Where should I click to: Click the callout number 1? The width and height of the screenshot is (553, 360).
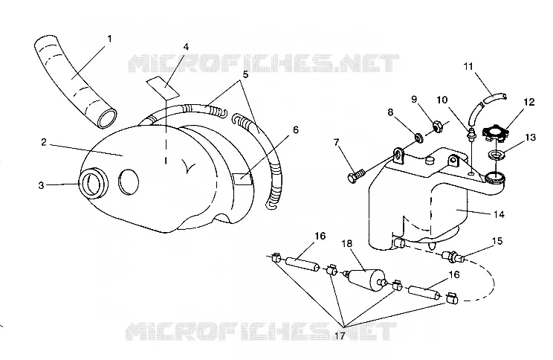(109, 39)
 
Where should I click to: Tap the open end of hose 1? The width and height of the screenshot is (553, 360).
(106, 118)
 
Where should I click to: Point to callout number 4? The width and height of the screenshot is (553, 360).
(186, 47)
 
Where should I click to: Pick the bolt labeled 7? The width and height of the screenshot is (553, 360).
(356, 176)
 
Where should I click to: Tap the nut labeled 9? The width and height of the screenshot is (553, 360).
(437, 126)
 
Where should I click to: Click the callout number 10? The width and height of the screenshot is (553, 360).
(442, 100)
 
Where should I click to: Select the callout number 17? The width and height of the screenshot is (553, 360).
(340, 335)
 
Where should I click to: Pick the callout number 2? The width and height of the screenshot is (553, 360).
(43, 142)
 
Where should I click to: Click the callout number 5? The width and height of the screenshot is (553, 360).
(245, 74)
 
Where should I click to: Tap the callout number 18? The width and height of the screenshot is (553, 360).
(347, 243)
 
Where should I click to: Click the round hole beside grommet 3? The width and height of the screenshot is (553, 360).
(129, 181)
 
